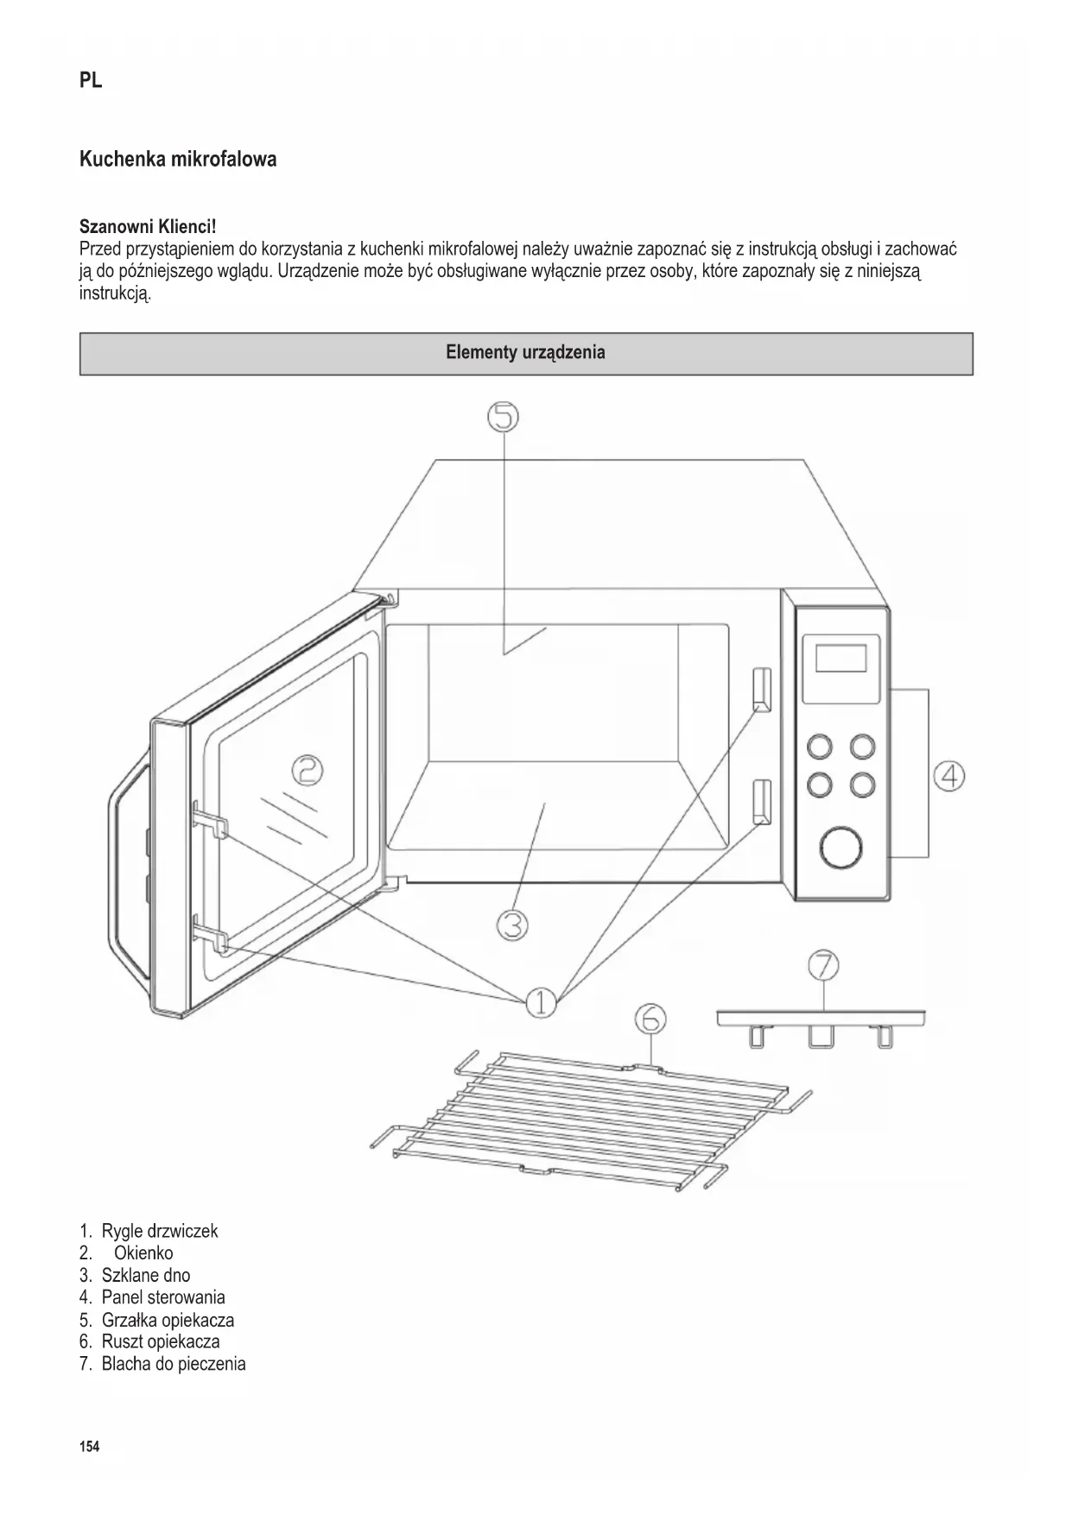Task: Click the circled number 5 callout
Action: coord(504,418)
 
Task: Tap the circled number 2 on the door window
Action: coord(307,769)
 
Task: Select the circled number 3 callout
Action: coord(512,924)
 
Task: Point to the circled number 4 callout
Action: coord(948,776)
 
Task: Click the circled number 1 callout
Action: coord(541,1002)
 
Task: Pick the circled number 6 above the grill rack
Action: coord(650,1019)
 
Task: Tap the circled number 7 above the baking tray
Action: coord(823,965)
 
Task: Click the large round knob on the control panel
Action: coord(840,848)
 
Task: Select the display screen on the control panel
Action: coord(840,659)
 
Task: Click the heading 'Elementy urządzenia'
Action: coord(525,353)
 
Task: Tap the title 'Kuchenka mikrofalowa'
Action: coord(178,160)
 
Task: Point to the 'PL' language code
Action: coord(91,81)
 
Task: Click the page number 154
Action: coord(89,1447)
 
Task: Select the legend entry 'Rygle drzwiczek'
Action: coord(159,1231)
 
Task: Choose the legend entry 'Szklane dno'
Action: coord(145,1275)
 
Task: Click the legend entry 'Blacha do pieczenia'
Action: coord(173,1364)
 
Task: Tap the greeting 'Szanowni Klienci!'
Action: coord(148,227)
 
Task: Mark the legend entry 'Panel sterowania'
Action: coord(162,1297)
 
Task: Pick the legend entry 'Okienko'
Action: coord(143,1253)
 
